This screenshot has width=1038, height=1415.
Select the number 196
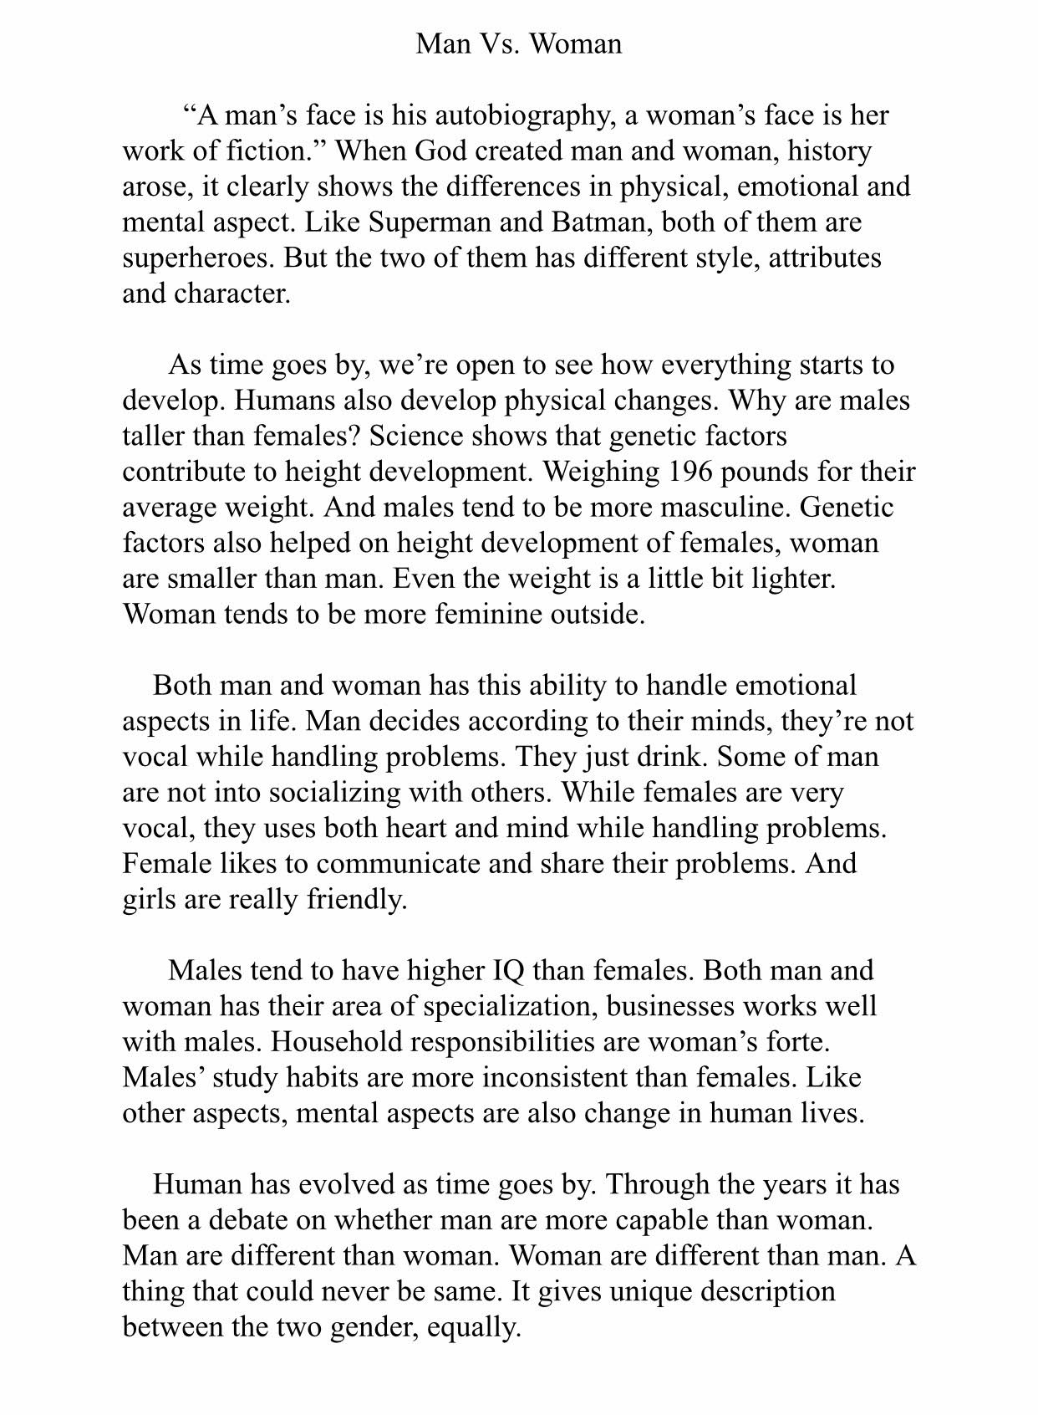click(x=689, y=472)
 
